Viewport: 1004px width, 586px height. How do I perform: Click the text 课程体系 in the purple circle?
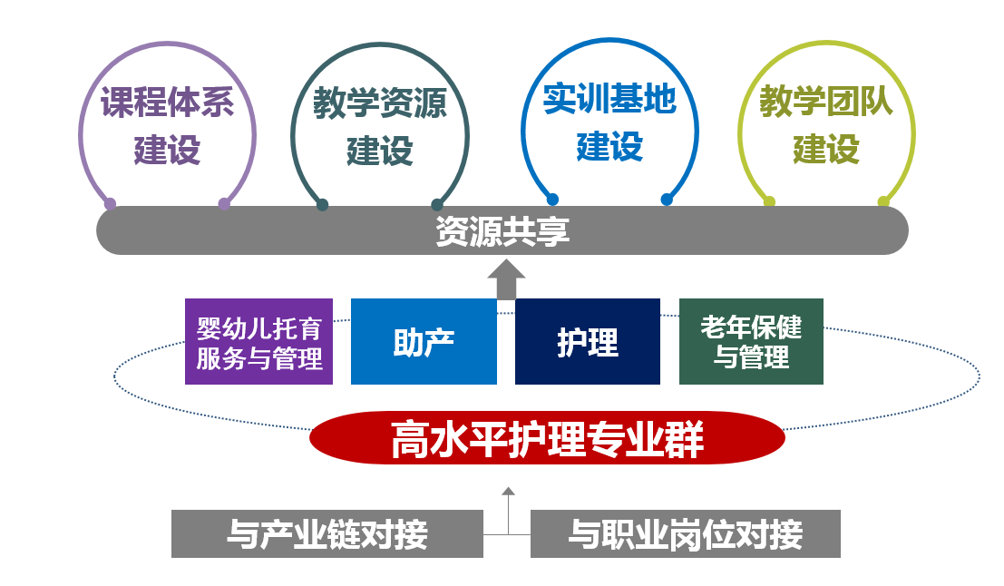pyautogui.click(x=167, y=102)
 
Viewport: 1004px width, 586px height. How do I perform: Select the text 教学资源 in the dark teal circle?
pyautogui.click(x=380, y=103)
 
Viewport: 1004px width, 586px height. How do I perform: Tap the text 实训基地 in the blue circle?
pyautogui.click(x=610, y=99)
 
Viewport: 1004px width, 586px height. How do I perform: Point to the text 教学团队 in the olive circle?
pyautogui.click(x=826, y=102)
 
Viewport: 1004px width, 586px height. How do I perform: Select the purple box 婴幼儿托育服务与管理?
pyautogui.click(x=259, y=343)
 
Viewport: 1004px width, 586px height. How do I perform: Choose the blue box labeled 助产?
pyautogui.click(x=424, y=342)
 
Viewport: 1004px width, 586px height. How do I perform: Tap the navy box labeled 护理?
pyautogui.click(x=588, y=342)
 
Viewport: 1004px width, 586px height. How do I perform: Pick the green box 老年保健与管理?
pyautogui.click(x=751, y=341)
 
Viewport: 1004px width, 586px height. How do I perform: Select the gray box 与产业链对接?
pyautogui.click(x=327, y=534)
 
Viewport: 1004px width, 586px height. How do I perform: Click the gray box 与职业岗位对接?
pyautogui.click(x=685, y=534)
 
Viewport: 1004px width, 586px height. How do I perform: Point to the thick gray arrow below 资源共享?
pyautogui.click(x=506, y=279)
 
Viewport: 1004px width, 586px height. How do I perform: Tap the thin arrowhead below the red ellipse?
pyautogui.click(x=508, y=492)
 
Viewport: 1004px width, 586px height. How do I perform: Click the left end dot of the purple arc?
pyautogui.click(x=110, y=203)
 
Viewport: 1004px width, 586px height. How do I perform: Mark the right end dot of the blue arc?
pyautogui.click(x=667, y=200)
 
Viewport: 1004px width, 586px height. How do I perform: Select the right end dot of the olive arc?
pyautogui.click(x=883, y=201)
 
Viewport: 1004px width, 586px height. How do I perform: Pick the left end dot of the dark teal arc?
pyautogui.click(x=322, y=205)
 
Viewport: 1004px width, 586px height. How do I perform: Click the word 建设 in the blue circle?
pyautogui.click(x=609, y=146)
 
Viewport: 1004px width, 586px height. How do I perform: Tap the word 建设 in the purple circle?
pyautogui.click(x=167, y=150)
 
